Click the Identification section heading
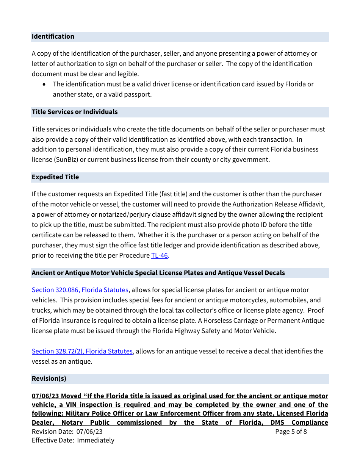click(53, 36)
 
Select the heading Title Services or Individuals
click(75, 112)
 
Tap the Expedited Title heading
click(55, 177)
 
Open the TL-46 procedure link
click(159, 255)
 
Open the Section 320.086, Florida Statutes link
click(80, 290)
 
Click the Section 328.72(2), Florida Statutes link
click(82, 351)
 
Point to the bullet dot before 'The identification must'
click(45, 84)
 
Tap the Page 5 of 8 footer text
click(291, 432)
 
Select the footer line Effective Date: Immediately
click(73, 440)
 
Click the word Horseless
click(219, 321)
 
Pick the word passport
click(137, 94)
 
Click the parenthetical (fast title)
click(173, 194)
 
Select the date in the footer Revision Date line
click(89, 432)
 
